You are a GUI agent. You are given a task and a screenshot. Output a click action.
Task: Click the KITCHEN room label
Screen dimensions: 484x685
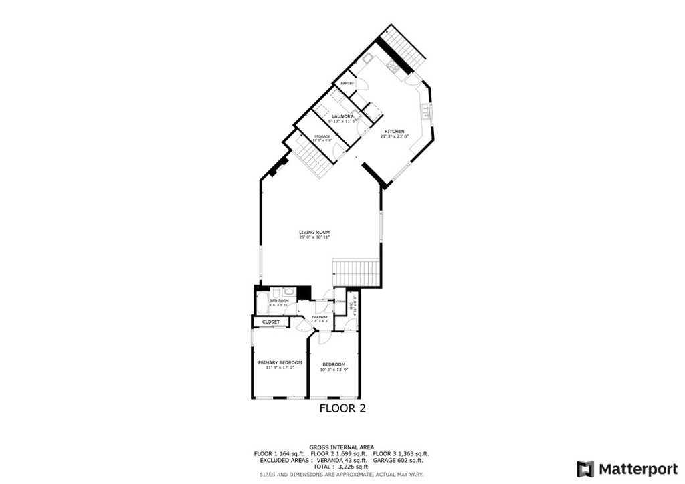[394, 131]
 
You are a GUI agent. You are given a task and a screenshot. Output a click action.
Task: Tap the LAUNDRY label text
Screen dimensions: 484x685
[343, 116]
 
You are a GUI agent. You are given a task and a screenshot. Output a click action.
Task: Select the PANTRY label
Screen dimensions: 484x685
[347, 83]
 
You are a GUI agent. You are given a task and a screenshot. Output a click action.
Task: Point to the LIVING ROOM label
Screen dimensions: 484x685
[314, 232]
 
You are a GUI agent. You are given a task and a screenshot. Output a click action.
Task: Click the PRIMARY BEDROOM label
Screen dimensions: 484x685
[280, 362]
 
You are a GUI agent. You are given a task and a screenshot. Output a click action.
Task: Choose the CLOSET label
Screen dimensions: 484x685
[271, 322]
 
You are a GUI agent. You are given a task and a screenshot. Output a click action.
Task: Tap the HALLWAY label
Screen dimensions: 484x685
[320, 316]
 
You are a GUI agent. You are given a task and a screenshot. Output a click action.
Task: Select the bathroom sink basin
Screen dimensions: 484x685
[289, 291]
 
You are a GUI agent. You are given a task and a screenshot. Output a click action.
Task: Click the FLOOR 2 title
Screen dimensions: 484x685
[342, 408]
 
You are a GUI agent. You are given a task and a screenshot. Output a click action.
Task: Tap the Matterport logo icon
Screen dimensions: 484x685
[585, 468]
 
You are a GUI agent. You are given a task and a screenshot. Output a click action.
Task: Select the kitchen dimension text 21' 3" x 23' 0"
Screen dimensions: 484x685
[394, 136]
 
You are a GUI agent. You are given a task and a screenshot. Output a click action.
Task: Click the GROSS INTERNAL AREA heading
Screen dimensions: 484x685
[341, 447]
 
